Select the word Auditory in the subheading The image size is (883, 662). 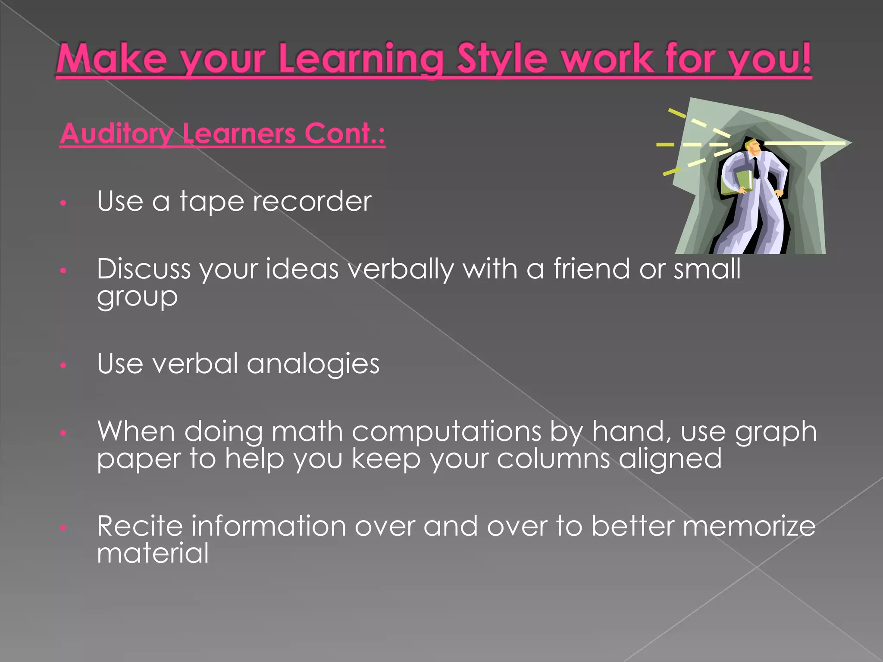[x=116, y=134]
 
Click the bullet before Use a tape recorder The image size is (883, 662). [x=63, y=203]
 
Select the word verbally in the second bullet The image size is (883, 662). [x=401, y=269]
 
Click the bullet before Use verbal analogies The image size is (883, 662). [x=63, y=365]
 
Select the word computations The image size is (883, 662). [x=446, y=431]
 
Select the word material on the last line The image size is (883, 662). [x=153, y=553]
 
